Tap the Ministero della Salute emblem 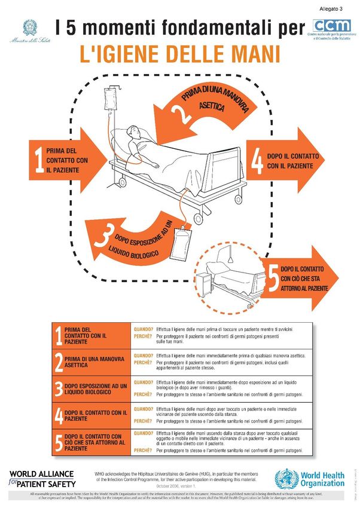(x=29, y=27)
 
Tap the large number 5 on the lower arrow (x=273, y=279)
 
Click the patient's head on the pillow (x=136, y=133)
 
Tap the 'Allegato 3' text (x=331, y=8)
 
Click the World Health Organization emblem (x=286, y=479)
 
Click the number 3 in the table (x=59, y=390)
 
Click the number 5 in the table (x=59, y=442)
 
